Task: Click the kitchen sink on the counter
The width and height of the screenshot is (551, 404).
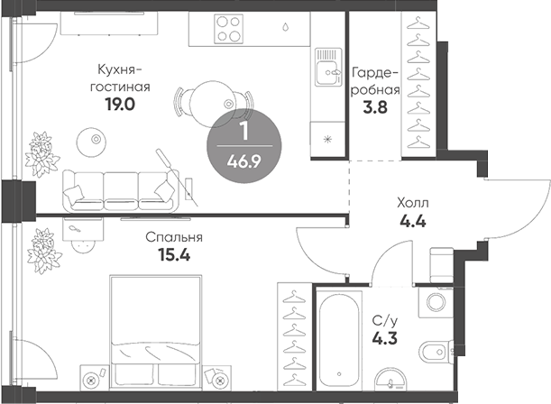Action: [325, 68]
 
